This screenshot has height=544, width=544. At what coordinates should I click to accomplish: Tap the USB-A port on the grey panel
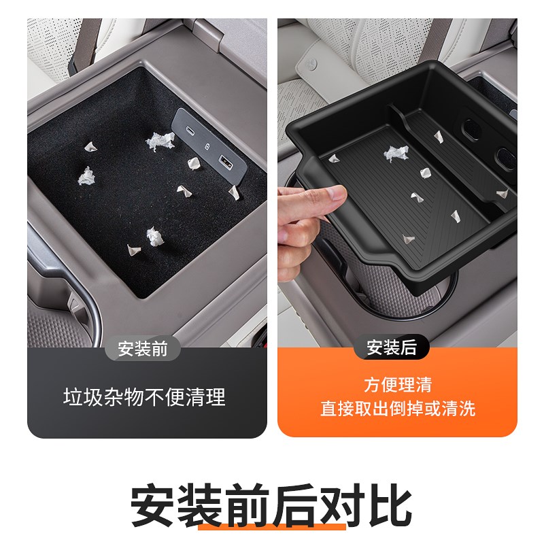pyautogui.click(x=224, y=162)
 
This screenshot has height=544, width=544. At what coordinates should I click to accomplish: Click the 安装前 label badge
pyautogui.click(x=143, y=349)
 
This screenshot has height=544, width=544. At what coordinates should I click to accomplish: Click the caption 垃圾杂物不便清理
pyautogui.click(x=144, y=397)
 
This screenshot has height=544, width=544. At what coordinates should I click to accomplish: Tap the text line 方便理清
pyautogui.click(x=398, y=386)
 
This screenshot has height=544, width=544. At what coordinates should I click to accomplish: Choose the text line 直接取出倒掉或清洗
pyautogui.click(x=398, y=409)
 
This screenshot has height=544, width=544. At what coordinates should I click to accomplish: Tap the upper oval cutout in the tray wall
pyautogui.click(x=470, y=127)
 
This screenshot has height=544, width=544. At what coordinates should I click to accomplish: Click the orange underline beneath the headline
pyautogui.click(x=272, y=528)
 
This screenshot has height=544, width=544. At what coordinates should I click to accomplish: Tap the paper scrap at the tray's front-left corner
pyautogui.click(x=335, y=158)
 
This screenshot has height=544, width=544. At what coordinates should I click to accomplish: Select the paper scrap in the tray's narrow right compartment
pyautogui.click(x=502, y=194)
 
